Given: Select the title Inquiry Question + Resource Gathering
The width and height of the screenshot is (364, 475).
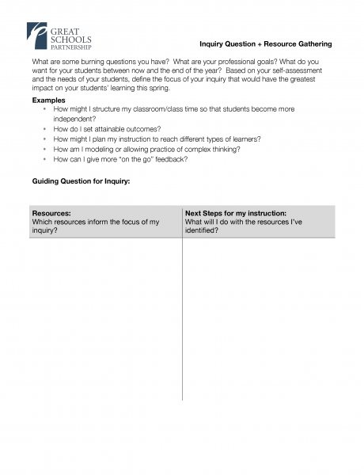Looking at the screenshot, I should [x=265, y=44].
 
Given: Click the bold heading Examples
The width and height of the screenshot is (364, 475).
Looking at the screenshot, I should [x=48, y=101].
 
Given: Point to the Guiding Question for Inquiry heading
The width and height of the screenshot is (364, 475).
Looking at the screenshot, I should [x=81, y=181].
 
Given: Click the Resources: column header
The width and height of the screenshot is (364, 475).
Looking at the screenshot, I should [x=51, y=213].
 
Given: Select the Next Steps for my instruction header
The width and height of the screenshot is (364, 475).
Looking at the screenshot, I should [x=235, y=213].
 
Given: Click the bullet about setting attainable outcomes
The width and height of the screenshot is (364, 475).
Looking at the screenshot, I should [x=107, y=128].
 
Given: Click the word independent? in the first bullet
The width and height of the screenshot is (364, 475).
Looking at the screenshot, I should [x=74, y=118].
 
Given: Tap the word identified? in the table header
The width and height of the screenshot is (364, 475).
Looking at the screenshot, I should [x=202, y=230].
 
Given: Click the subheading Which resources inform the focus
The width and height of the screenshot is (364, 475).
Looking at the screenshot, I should [x=95, y=222].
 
